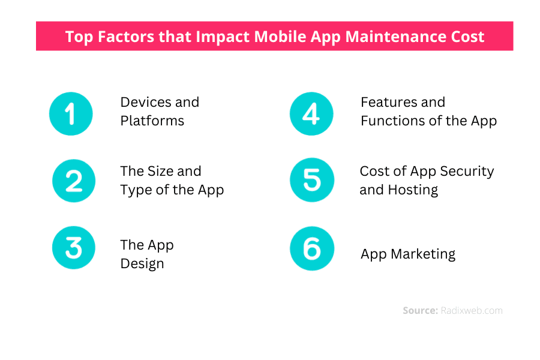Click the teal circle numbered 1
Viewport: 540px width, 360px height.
(x=71, y=113)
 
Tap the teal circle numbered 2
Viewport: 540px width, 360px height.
(x=74, y=181)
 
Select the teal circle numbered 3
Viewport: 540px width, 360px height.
(x=74, y=248)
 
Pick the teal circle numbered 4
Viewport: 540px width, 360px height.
(x=311, y=113)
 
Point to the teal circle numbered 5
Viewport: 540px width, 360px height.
(x=312, y=180)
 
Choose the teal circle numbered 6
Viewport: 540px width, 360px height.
(x=312, y=248)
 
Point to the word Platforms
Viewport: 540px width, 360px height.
(x=152, y=121)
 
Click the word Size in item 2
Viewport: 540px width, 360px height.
(x=160, y=171)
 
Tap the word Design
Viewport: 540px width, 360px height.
(x=142, y=264)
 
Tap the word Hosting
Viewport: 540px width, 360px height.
(x=413, y=190)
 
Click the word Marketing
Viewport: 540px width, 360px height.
(x=423, y=254)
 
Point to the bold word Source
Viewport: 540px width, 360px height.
(x=420, y=310)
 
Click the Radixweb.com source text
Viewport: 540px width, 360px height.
(x=472, y=310)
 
